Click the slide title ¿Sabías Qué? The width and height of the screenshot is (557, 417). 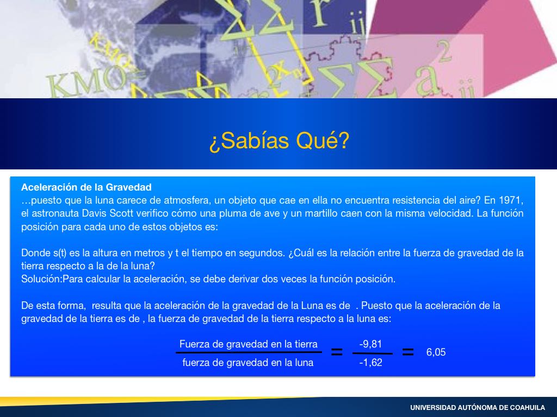(x=279, y=141)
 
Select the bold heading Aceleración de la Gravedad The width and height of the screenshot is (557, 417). (x=86, y=187)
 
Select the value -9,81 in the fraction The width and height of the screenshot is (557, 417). (x=370, y=344)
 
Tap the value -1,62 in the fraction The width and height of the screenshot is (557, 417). (x=370, y=363)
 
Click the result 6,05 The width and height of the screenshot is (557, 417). (x=436, y=352)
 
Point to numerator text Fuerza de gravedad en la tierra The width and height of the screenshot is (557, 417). (x=248, y=344)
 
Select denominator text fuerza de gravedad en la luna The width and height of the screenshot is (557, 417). (x=248, y=363)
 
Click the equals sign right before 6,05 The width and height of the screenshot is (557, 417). (x=408, y=352)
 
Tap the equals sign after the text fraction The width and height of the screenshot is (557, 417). (x=337, y=352)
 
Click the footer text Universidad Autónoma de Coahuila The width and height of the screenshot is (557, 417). (x=478, y=408)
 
